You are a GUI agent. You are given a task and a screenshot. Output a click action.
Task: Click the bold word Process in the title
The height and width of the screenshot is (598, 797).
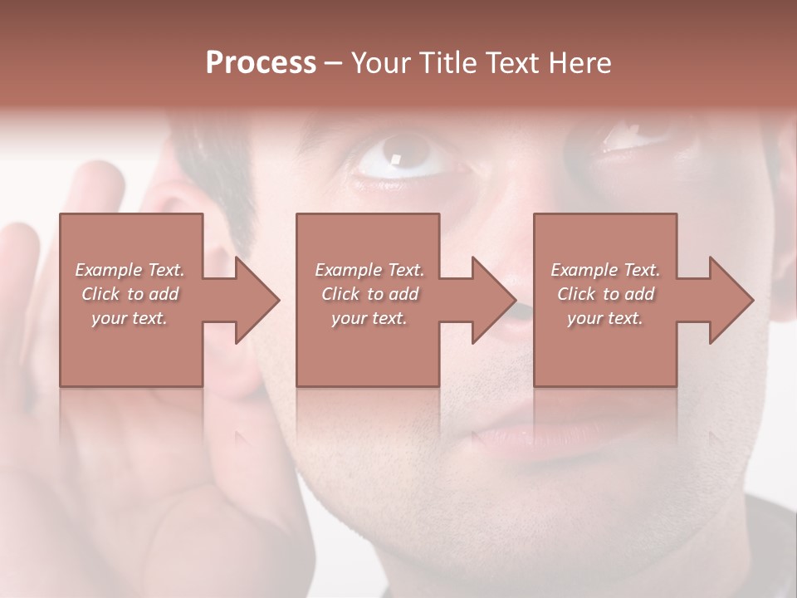point(261,63)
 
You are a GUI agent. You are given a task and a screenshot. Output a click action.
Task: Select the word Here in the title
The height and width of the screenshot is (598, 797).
point(579,63)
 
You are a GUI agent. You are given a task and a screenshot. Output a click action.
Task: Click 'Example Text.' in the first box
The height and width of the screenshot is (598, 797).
point(130,270)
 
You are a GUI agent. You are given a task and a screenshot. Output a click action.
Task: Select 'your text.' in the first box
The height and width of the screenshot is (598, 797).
point(130,318)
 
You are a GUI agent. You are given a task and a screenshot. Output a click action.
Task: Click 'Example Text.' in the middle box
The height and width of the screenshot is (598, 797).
point(369,270)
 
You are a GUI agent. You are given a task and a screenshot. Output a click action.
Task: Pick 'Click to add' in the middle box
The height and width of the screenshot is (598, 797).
point(369,294)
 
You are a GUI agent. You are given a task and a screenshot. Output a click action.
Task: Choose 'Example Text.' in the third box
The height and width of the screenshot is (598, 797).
point(605,270)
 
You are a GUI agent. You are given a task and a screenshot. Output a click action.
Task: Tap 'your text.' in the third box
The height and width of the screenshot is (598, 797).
point(605,318)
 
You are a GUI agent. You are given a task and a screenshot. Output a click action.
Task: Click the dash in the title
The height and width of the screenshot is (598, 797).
point(333,63)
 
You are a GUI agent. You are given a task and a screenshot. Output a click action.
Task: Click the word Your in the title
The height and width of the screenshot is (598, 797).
point(379,63)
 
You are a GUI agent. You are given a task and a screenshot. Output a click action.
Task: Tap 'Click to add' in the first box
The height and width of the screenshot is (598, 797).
point(130,294)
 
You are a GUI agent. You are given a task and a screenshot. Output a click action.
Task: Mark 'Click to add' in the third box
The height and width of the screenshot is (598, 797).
point(605,294)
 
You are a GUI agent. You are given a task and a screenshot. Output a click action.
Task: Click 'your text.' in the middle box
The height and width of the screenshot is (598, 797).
point(369,318)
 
